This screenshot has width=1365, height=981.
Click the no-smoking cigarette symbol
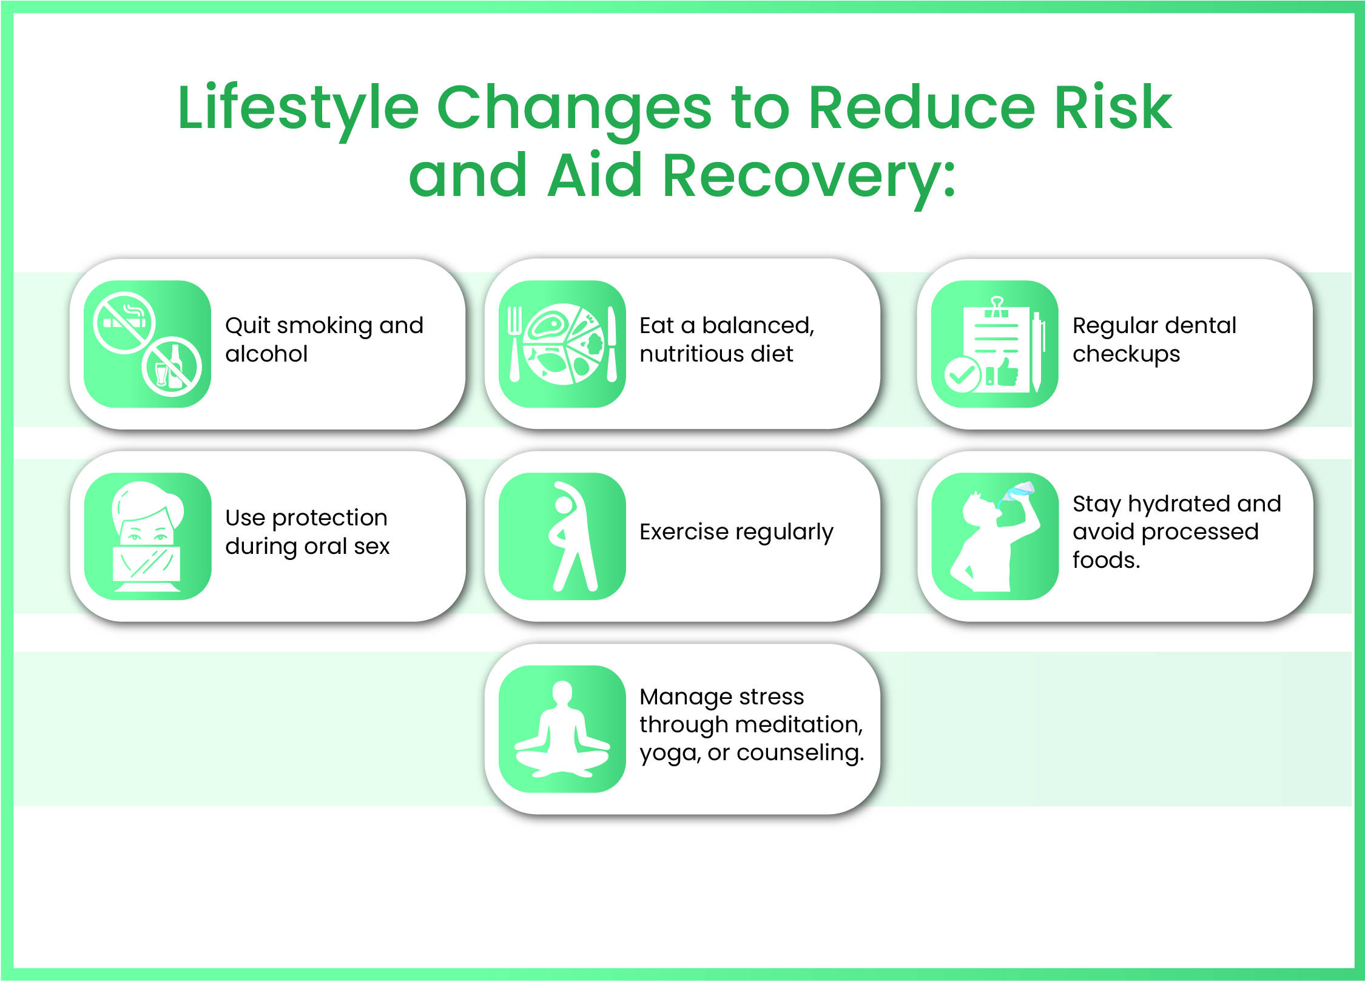pyautogui.click(x=124, y=322)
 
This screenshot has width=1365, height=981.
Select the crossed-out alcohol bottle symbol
pyautogui.click(x=172, y=366)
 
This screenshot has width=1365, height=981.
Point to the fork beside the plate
pyautogui.click(x=514, y=343)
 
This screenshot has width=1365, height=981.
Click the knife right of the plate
pyautogui.click(x=612, y=343)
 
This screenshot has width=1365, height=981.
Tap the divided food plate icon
pyautogui.click(x=564, y=343)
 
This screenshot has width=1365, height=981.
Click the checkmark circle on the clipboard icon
pyautogui.click(x=962, y=375)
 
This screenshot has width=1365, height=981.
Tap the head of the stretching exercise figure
pyautogui.click(x=564, y=505)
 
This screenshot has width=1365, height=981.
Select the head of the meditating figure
pyautogui.click(x=562, y=693)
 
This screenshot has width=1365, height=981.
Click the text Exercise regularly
pyautogui.click(x=736, y=532)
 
